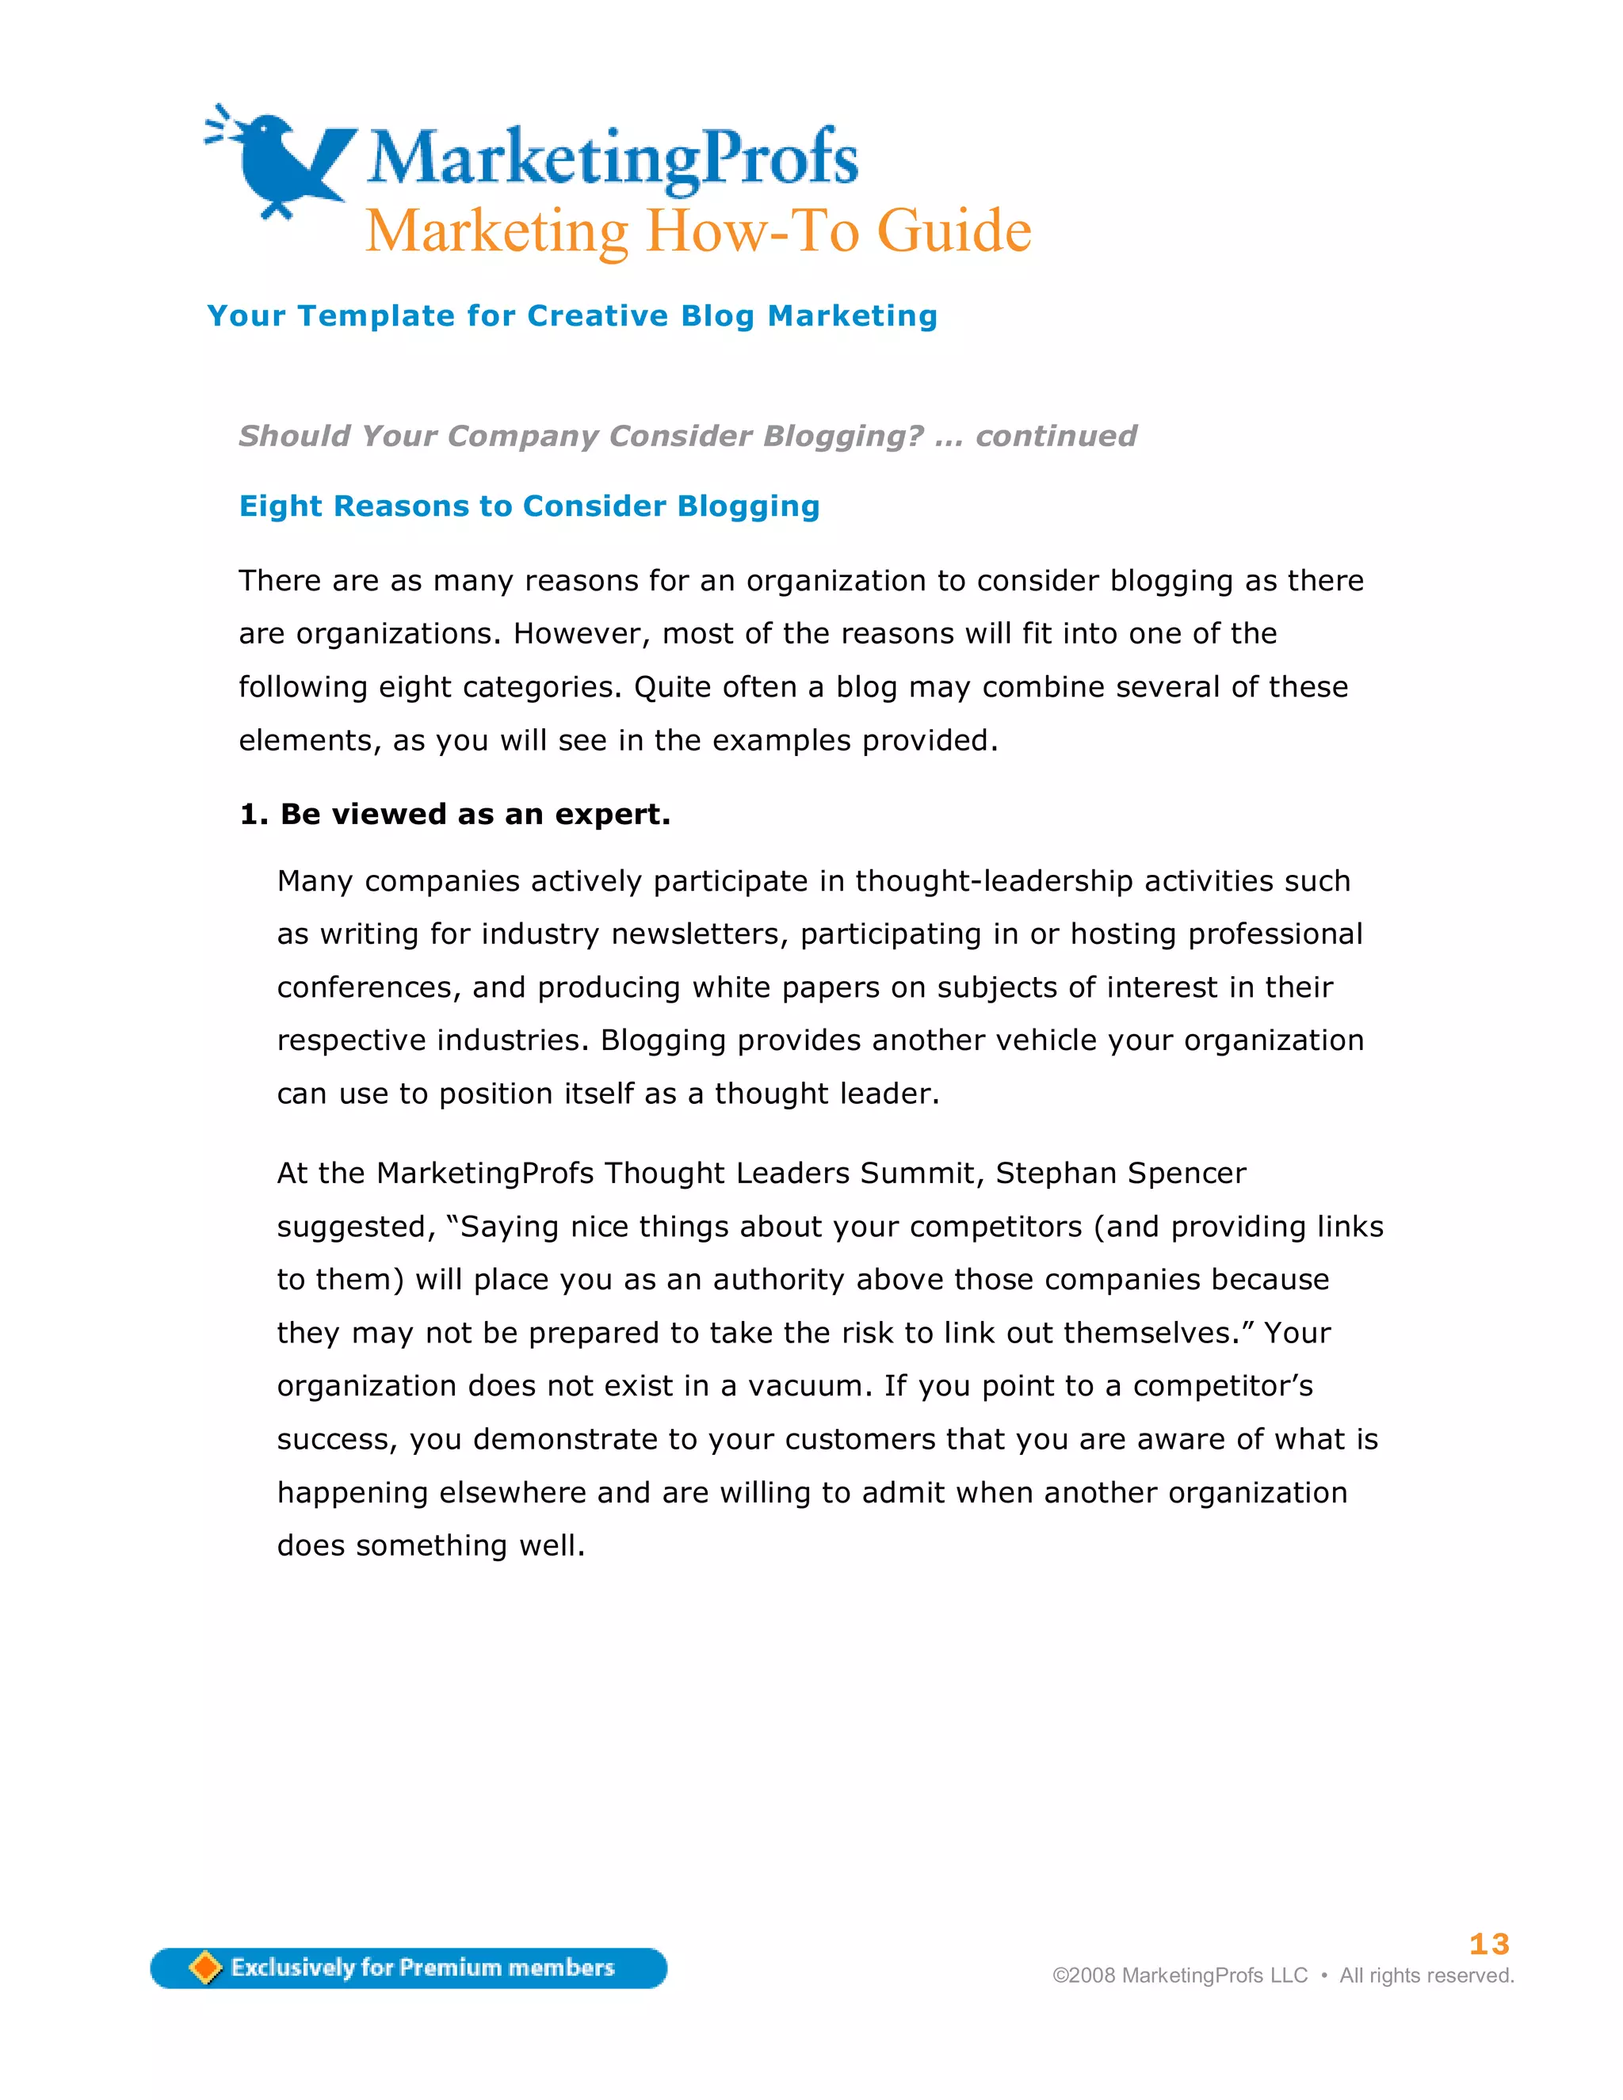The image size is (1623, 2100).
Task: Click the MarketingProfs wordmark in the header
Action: tap(613, 158)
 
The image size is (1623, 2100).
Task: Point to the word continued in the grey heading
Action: tap(1056, 436)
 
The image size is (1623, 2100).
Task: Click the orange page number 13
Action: tap(1488, 1944)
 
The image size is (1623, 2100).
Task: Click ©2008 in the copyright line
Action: tap(1083, 1975)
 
